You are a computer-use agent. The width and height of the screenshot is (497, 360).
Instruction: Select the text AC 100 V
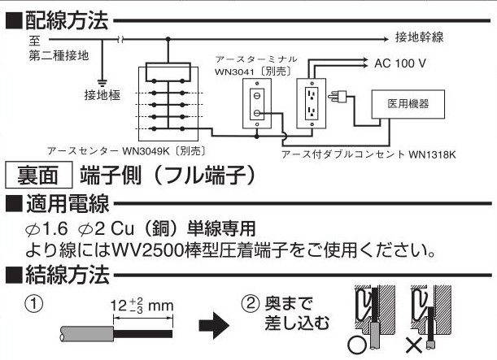click(x=400, y=63)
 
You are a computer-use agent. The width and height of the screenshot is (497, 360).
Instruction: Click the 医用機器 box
click(x=406, y=104)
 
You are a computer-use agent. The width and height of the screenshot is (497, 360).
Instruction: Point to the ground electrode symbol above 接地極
click(x=102, y=80)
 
